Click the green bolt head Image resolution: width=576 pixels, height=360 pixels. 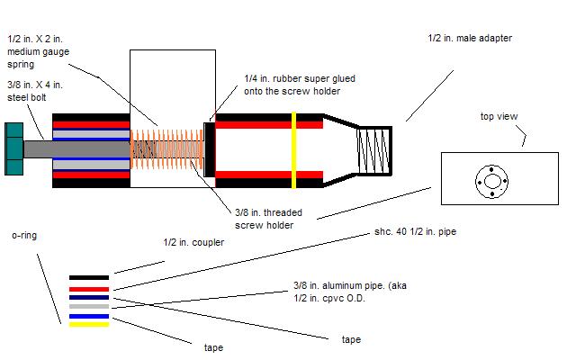click(x=13, y=147)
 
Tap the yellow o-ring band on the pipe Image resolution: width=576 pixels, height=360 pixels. click(x=293, y=149)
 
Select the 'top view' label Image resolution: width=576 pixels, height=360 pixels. click(x=499, y=117)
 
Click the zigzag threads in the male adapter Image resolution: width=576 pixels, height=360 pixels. click(x=373, y=148)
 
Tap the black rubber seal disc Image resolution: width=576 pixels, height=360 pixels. click(x=209, y=148)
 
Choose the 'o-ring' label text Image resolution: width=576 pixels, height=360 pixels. click(x=23, y=235)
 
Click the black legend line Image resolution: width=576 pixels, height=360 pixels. click(x=89, y=277)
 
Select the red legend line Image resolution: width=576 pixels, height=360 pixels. click(x=89, y=288)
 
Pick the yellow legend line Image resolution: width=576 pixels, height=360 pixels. click(x=89, y=325)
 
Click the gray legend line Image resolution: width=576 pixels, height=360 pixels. click(x=89, y=307)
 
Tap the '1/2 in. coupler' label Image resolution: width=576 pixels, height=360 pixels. click(x=193, y=243)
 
